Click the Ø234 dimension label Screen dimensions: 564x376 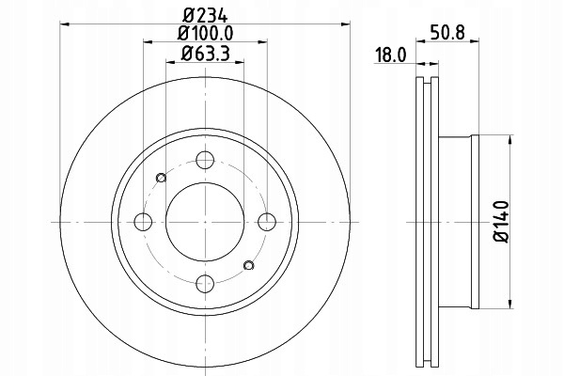205,16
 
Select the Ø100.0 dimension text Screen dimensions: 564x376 205,34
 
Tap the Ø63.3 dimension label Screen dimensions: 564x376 205,54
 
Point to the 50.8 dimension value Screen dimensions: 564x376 447,32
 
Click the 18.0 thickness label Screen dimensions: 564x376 391,55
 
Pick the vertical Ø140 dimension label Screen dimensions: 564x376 501,222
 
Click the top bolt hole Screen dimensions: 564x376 205,160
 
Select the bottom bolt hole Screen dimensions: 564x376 205,284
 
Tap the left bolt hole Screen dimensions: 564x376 143,222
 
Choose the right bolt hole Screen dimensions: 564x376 267,222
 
